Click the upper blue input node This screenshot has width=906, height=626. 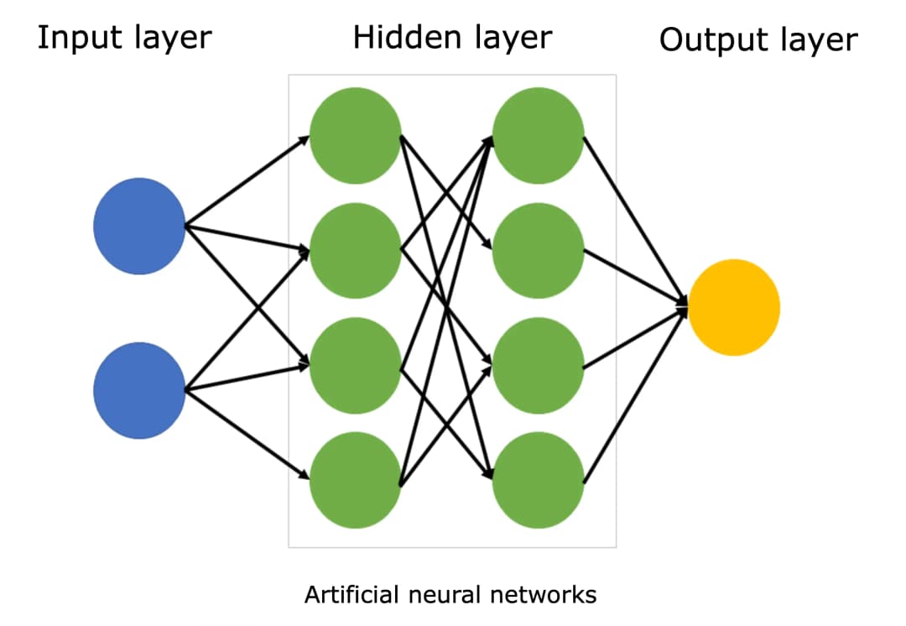click(139, 226)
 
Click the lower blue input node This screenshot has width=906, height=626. click(139, 390)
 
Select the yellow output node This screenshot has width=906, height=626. click(734, 307)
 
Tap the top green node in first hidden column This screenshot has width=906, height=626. click(356, 135)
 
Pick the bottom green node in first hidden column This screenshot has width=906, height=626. click(356, 481)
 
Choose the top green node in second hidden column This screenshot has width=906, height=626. click(538, 135)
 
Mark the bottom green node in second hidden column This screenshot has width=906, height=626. click(538, 481)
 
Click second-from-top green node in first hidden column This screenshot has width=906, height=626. click(356, 250)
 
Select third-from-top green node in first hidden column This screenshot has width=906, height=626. click(356, 366)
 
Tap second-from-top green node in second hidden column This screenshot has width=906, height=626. click(538, 250)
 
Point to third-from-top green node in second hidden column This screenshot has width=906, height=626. click(538, 366)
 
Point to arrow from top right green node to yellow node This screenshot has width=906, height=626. click(635, 220)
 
